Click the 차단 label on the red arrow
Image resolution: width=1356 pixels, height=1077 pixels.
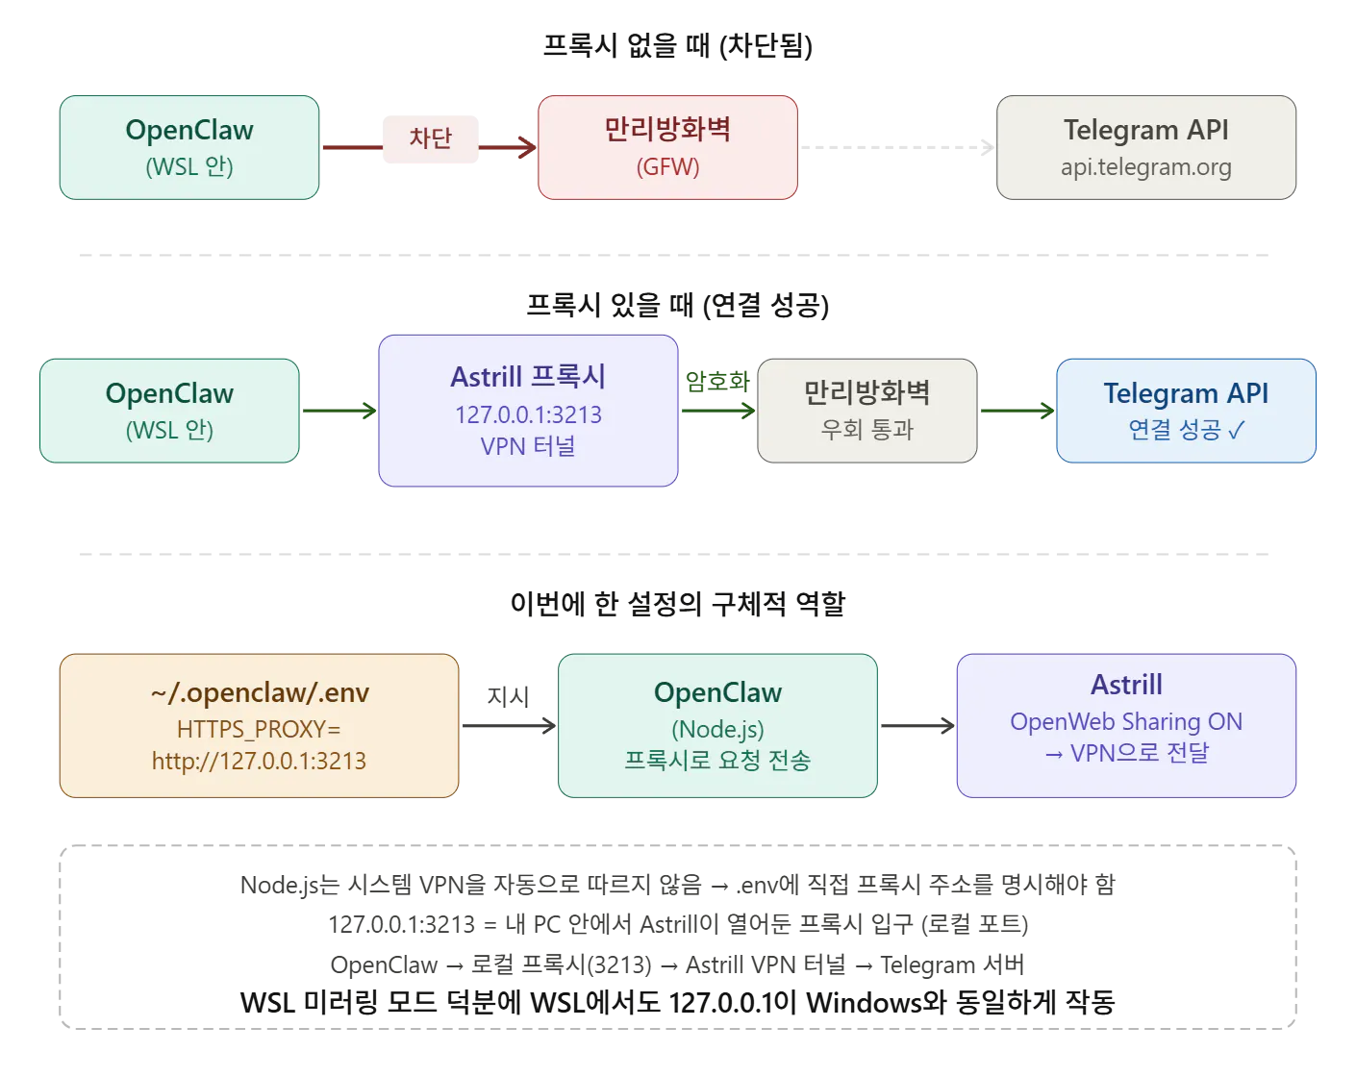coord(430,138)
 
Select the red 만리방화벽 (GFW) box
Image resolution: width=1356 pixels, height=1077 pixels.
coord(667,147)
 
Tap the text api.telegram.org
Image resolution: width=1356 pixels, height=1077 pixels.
coord(1145,167)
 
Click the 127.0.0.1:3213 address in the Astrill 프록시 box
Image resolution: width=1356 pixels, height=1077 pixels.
coord(528,414)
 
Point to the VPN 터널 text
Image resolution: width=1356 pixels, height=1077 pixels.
coord(528,445)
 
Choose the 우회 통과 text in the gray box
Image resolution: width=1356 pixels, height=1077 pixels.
coord(866,429)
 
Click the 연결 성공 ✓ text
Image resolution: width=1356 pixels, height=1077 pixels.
coord(1185,429)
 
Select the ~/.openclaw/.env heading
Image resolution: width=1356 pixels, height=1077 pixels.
coord(260,692)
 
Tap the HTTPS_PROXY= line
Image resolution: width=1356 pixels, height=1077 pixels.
coord(259,729)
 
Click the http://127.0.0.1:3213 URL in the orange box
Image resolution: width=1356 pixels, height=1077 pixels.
coord(259,761)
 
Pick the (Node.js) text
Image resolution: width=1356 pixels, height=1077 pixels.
coord(717,729)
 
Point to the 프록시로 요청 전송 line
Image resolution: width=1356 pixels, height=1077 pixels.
coord(717,760)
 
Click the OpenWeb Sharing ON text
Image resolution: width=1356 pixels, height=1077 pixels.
coord(1126,721)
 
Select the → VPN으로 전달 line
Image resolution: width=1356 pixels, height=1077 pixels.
coord(1126,752)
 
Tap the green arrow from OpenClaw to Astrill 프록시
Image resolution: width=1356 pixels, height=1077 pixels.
coord(339,412)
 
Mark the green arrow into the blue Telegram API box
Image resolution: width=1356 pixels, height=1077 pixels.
coord(1017,412)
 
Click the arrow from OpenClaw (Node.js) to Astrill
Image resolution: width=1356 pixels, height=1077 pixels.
coord(917,727)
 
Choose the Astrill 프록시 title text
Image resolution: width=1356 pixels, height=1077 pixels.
coord(528,376)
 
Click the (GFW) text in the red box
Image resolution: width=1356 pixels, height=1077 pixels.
coord(667,166)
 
